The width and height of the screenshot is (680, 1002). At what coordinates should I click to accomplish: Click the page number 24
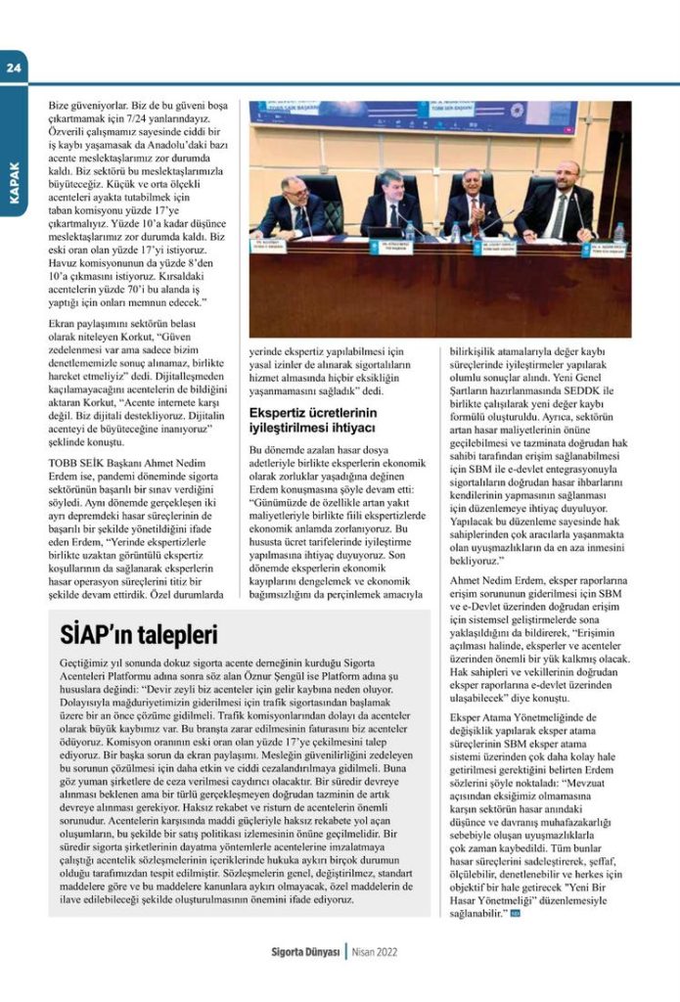pyautogui.click(x=17, y=68)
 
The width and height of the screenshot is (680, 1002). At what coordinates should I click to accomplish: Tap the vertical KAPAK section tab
pyautogui.click(x=15, y=182)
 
